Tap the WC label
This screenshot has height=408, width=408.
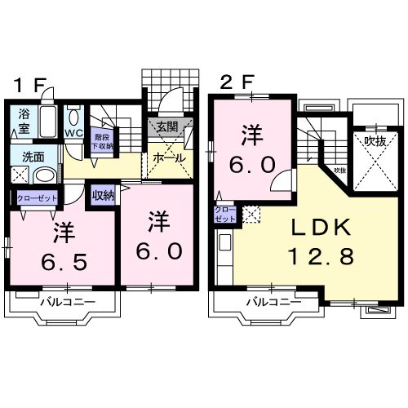[x=73, y=133]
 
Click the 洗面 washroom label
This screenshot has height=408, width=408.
[x=33, y=157]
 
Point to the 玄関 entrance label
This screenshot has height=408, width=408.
[x=167, y=126]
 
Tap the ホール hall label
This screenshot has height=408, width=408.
[x=168, y=157]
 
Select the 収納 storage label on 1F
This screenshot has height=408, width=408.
[x=104, y=196]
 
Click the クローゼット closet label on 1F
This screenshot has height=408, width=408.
[x=36, y=198]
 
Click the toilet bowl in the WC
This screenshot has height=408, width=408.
[x=73, y=115]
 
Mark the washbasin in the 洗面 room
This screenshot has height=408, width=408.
[x=46, y=175]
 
